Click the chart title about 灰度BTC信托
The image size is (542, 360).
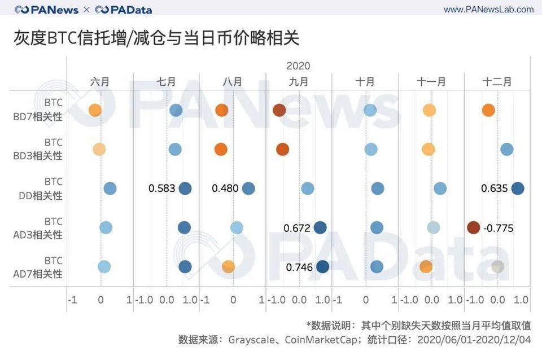pyautogui.click(x=156, y=38)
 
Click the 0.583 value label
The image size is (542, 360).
pyautogui.click(x=162, y=188)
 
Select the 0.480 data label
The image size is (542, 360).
pyautogui.click(x=225, y=188)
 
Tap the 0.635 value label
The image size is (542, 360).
pyautogui.click(x=495, y=188)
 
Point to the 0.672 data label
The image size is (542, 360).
pyautogui.click(x=297, y=228)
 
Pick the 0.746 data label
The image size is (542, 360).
pyautogui.click(x=299, y=267)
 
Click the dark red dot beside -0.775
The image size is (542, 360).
pyautogui.click(x=474, y=227)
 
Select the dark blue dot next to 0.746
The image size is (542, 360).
pyautogui.click(x=322, y=267)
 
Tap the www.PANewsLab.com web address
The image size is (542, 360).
pyautogui.click(x=488, y=10)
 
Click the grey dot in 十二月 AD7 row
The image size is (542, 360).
pyautogui.click(x=497, y=267)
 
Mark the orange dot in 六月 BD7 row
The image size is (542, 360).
pyautogui.click(x=95, y=110)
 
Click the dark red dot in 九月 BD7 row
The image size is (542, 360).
pyautogui.click(x=279, y=110)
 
